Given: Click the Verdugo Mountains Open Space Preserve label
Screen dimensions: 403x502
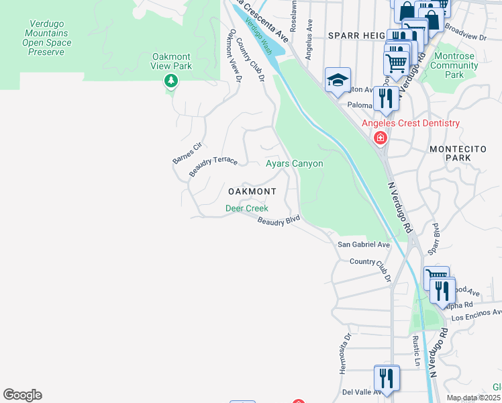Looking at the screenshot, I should click(x=47, y=37).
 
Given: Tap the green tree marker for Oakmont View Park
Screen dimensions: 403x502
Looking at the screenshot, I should click(x=171, y=81).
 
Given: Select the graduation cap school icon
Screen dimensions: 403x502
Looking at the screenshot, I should click(x=338, y=81).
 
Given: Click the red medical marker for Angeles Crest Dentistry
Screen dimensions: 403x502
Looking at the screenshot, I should click(x=381, y=138).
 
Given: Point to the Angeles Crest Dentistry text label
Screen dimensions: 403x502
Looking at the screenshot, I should click(x=411, y=123).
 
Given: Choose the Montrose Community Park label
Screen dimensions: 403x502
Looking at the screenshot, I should click(x=454, y=65).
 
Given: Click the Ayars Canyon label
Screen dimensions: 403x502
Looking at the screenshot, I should click(x=294, y=163).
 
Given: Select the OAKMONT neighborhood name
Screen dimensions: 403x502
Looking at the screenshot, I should click(x=252, y=191).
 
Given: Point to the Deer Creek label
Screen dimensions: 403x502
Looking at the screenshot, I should click(x=246, y=209).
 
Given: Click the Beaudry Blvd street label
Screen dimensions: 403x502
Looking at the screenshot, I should click(x=278, y=222).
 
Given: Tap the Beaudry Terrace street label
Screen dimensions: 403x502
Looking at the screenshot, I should click(x=213, y=166).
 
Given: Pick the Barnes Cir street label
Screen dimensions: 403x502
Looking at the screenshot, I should click(x=187, y=152).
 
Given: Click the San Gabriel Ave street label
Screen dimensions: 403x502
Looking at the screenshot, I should click(x=363, y=245).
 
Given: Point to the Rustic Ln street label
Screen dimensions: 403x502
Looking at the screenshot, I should click(x=416, y=353).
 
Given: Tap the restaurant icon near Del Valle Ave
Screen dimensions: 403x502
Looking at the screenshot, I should click(x=386, y=377).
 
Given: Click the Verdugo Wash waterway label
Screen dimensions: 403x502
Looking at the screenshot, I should click(x=258, y=36).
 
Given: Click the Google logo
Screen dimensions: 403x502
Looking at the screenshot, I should click(x=22, y=395).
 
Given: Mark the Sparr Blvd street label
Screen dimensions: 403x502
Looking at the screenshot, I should click(x=434, y=238).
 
